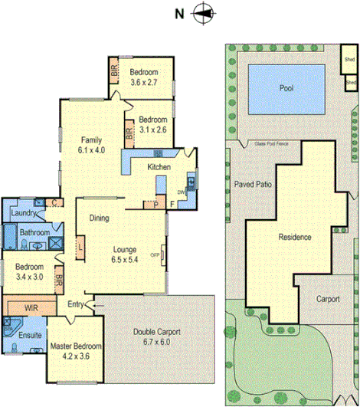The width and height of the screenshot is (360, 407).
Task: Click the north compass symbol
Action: click(x=203, y=12)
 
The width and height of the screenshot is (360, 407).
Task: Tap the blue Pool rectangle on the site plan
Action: click(x=286, y=88)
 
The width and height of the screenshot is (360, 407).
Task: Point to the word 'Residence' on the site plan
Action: click(x=294, y=237)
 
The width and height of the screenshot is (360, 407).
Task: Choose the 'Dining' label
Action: click(x=99, y=218)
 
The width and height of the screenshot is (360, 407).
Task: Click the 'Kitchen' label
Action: click(x=159, y=167)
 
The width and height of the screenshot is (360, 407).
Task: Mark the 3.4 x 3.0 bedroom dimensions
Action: click(x=31, y=277)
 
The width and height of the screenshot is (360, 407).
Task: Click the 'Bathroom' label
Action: click(x=34, y=233)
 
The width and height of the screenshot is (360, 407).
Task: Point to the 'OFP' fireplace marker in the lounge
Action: click(x=154, y=255)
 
